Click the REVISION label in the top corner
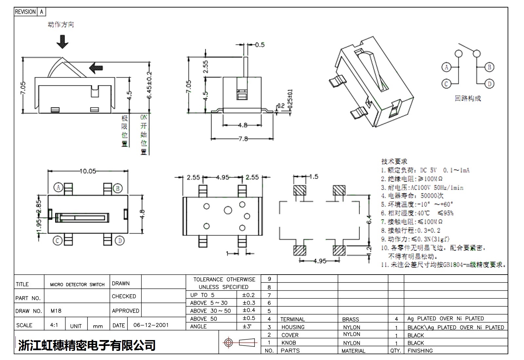(x=25, y=12)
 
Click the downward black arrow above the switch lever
(x=62, y=42)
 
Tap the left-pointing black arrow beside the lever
(x=96, y=68)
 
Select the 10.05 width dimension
(x=88, y=171)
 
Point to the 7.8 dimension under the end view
(x=243, y=139)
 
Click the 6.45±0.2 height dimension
(x=149, y=85)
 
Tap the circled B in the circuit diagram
(x=489, y=67)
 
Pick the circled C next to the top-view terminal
(x=58, y=241)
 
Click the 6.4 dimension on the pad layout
(x=369, y=219)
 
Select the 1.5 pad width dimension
(x=313, y=177)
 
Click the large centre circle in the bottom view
(x=228, y=210)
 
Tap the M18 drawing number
(x=56, y=311)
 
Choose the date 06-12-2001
(x=151, y=325)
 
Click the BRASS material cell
(x=350, y=319)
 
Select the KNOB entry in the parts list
(x=289, y=343)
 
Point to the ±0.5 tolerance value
(x=249, y=318)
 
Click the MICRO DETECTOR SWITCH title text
(x=77, y=285)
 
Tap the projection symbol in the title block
(x=239, y=343)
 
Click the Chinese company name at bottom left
(x=87, y=345)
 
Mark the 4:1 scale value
(x=54, y=325)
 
